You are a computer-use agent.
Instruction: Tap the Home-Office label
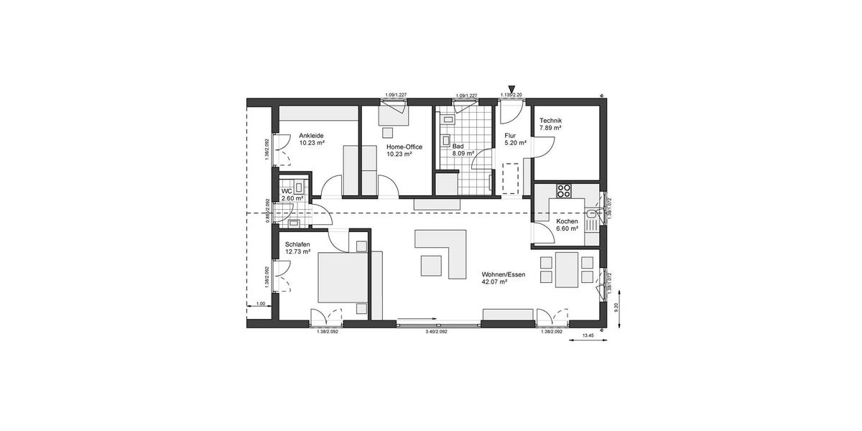pyautogui.click(x=404, y=147)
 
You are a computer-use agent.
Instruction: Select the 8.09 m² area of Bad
pyautogui.click(x=463, y=153)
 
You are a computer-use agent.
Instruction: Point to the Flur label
pyautogui.click(x=510, y=135)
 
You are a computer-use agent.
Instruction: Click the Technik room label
pyautogui.click(x=550, y=121)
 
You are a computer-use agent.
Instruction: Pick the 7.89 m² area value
pyautogui.click(x=550, y=128)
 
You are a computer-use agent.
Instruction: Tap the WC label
pyautogui.click(x=287, y=191)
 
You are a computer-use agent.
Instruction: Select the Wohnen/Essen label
pyautogui.click(x=498, y=274)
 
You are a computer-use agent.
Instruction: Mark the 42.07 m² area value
pyautogui.click(x=495, y=282)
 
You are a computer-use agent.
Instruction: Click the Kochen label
pyautogui.click(x=567, y=221)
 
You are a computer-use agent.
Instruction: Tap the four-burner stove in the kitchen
pyautogui.click(x=564, y=191)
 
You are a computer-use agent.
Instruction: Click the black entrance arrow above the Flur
pyautogui.click(x=511, y=87)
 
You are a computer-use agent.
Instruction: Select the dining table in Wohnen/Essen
pyautogui.click(x=568, y=268)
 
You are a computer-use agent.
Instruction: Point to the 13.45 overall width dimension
pyautogui.click(x=588, y=335)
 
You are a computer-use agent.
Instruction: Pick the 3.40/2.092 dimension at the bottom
pyautogui.click(x=436, y=331)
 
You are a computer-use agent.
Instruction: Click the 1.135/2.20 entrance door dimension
pyautogui.click(x=511, y=95)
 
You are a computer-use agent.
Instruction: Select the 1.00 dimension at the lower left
pyautogui.click(x=261, y=304)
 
